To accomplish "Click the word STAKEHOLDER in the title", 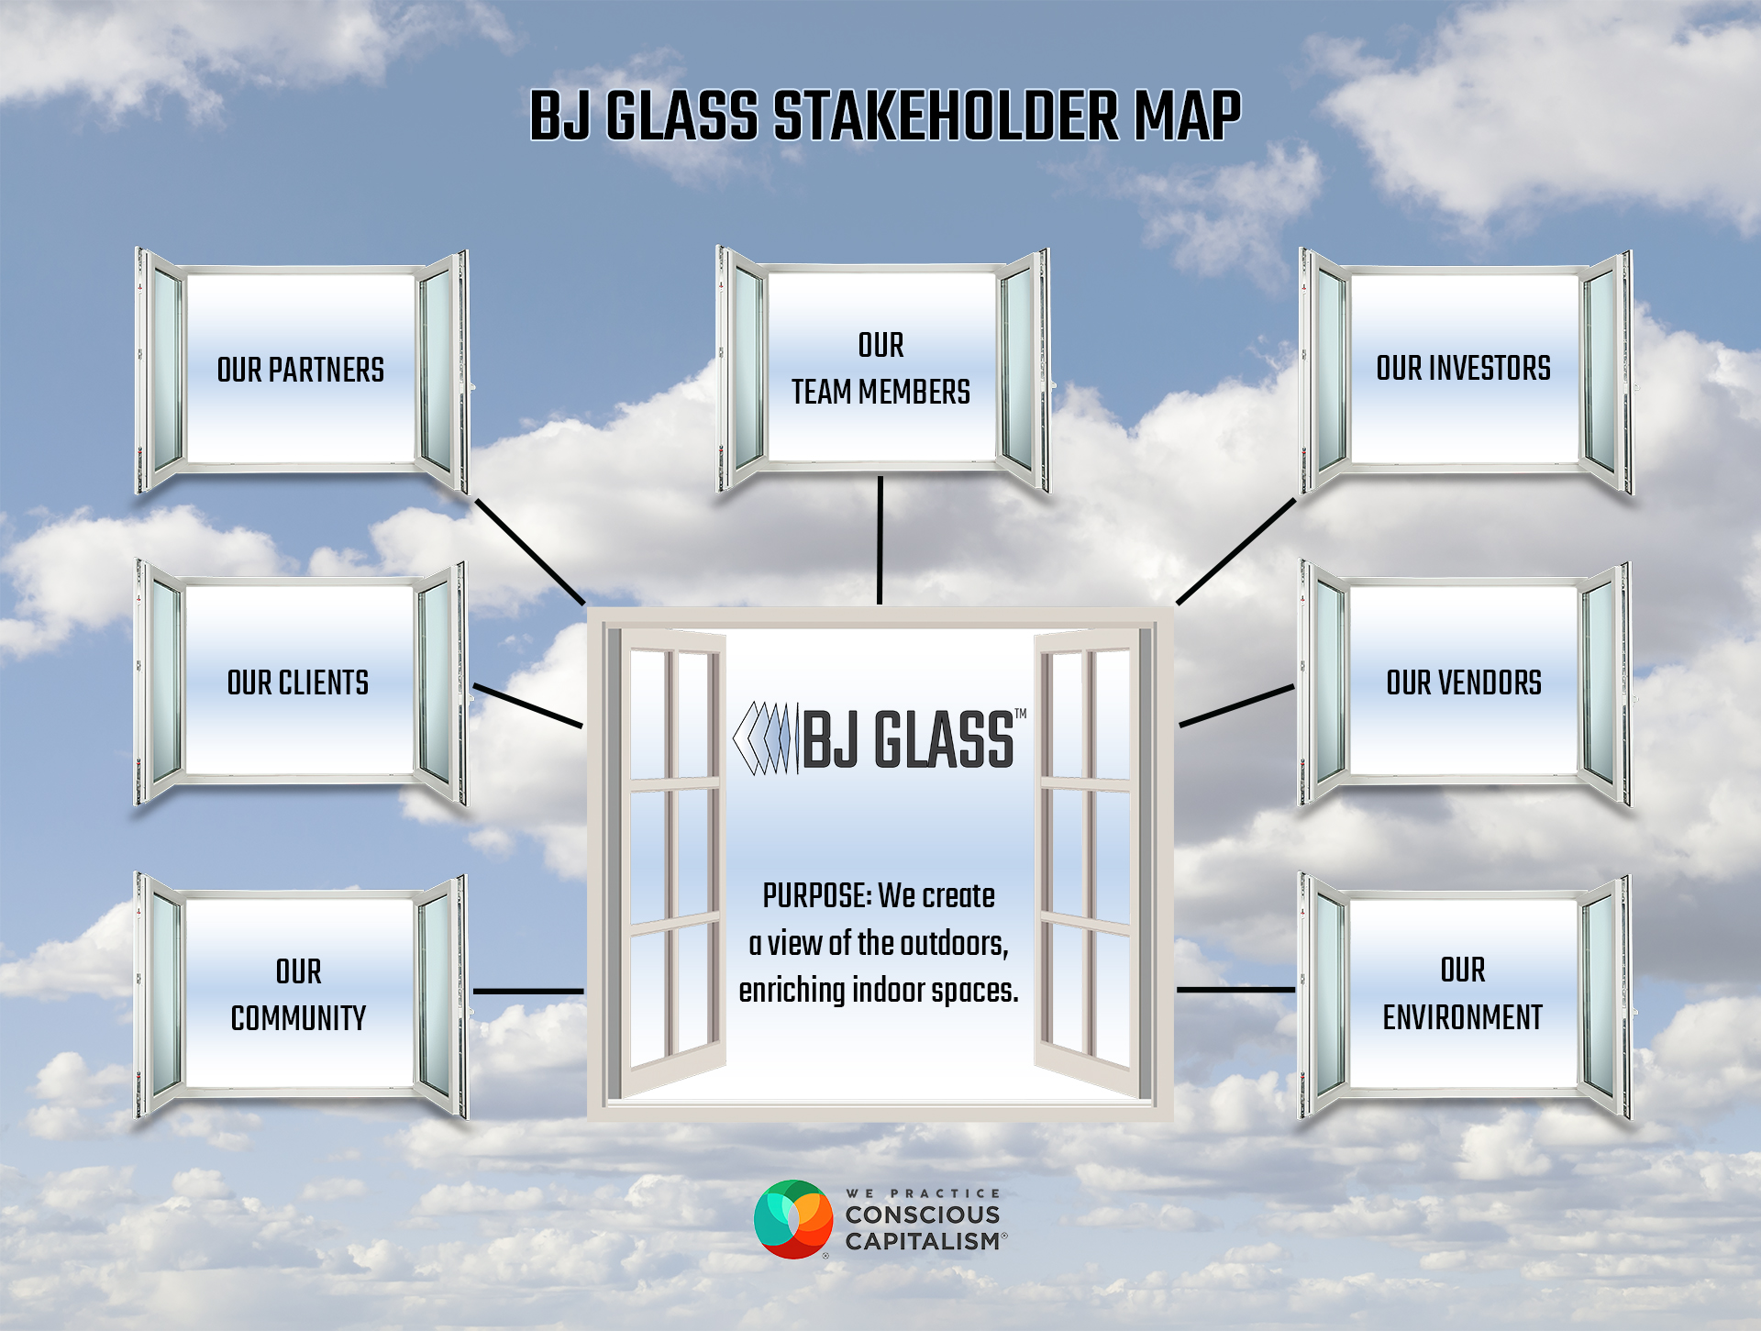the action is click(x=946, y=116).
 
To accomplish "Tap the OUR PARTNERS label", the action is click(x=301, y=370).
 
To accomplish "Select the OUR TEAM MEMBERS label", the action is click(x=880, y=368).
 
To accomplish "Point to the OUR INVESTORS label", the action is click(x=1463, y=368).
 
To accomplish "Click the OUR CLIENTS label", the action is click(x=298, y=682).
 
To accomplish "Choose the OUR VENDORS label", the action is click(x=1464, y=682).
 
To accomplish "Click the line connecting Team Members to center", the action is click(x=880, y=540).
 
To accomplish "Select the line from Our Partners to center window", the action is click(x=530, y=551).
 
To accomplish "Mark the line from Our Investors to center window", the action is click(x=1236, y=551).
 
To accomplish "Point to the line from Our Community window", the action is click(x=528, y=992).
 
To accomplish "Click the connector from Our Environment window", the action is click(x=1236, y=990).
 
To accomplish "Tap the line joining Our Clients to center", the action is click(x=527, y=705).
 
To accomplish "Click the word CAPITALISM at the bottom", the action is click(x=923, y=1241).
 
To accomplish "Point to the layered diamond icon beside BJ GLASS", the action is click(x=762, y=739).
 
